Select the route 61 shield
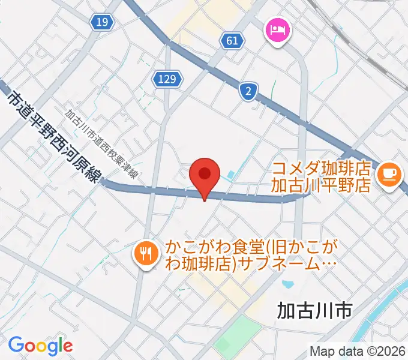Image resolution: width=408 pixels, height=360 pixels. pos(233,41)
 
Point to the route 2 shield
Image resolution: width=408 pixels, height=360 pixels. pos(247,91)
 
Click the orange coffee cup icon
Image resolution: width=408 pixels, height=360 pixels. pos(389,173)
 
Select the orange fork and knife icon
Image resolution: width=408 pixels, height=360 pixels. pos(145,252)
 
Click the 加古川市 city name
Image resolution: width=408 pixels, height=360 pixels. pos(314,310)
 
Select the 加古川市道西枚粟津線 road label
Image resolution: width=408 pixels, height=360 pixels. pos(102,144)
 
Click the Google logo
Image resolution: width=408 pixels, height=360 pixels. pos(40,345)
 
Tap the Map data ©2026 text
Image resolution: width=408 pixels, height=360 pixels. pos(358,352)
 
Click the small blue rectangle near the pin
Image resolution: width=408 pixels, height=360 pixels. pos(231,176)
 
